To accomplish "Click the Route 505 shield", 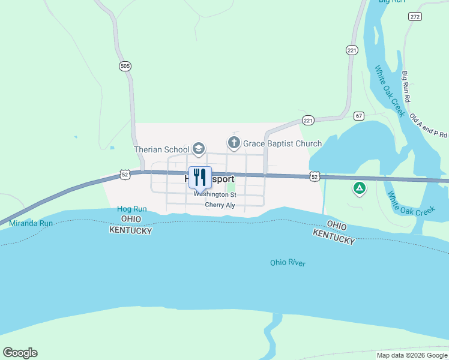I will pyautogui.click(x=125, y=67).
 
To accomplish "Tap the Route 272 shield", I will pyautogui.click(x=415, y=16).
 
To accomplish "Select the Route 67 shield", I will pyautogui.click(x=359, y=115).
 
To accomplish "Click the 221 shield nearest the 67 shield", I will pyautogui.click(x=309, y=121).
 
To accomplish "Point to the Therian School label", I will pyautogui.click(x=161, y=149).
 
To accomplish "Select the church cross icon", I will pyautogui.click(x=234, y=143).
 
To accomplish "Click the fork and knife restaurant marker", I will pyautogui.click(x=200, y=176).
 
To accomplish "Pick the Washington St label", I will pyautogui.click(x=215, y=194).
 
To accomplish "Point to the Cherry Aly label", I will pyautogui.click(x=220, y=205).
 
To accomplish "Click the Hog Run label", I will pyautogui.click(x=131, y=209).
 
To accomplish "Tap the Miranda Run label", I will pyautogui.click(x=31, y=223).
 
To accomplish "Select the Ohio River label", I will pyautogui.click(x=288, y=263).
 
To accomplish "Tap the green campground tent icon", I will pyautogui.click(x=359, y=189).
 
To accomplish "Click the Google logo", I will pyautogui.click(x=20, y=353).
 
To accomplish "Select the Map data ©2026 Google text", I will pyautogui.click(x=412, y=355).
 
